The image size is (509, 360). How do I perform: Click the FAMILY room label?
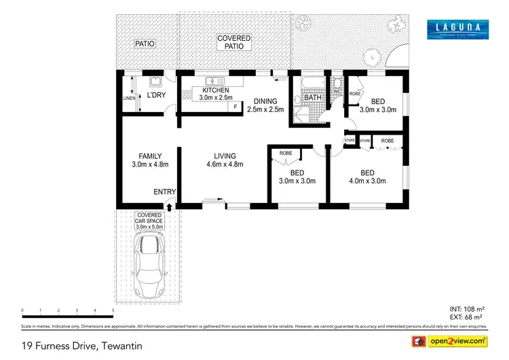(x=149, y=156)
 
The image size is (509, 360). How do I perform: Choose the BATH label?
(x=313, y=98)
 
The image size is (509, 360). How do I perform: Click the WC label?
(x=337, y=91)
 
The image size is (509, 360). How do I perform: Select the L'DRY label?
(x=157, y=95)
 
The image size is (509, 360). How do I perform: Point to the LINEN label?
(x=129, y=98)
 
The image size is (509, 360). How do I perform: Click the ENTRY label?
(x=164, y=192)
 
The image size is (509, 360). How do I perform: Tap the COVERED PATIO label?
(x=233, y=43)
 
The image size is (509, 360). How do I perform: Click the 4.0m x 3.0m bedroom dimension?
(x=367, y=181)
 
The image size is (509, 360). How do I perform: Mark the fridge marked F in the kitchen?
(x=235, y=107)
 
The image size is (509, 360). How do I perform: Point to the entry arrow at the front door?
(x=170, y=204)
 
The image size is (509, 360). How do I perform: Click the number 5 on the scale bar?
(x=113, y=310)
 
